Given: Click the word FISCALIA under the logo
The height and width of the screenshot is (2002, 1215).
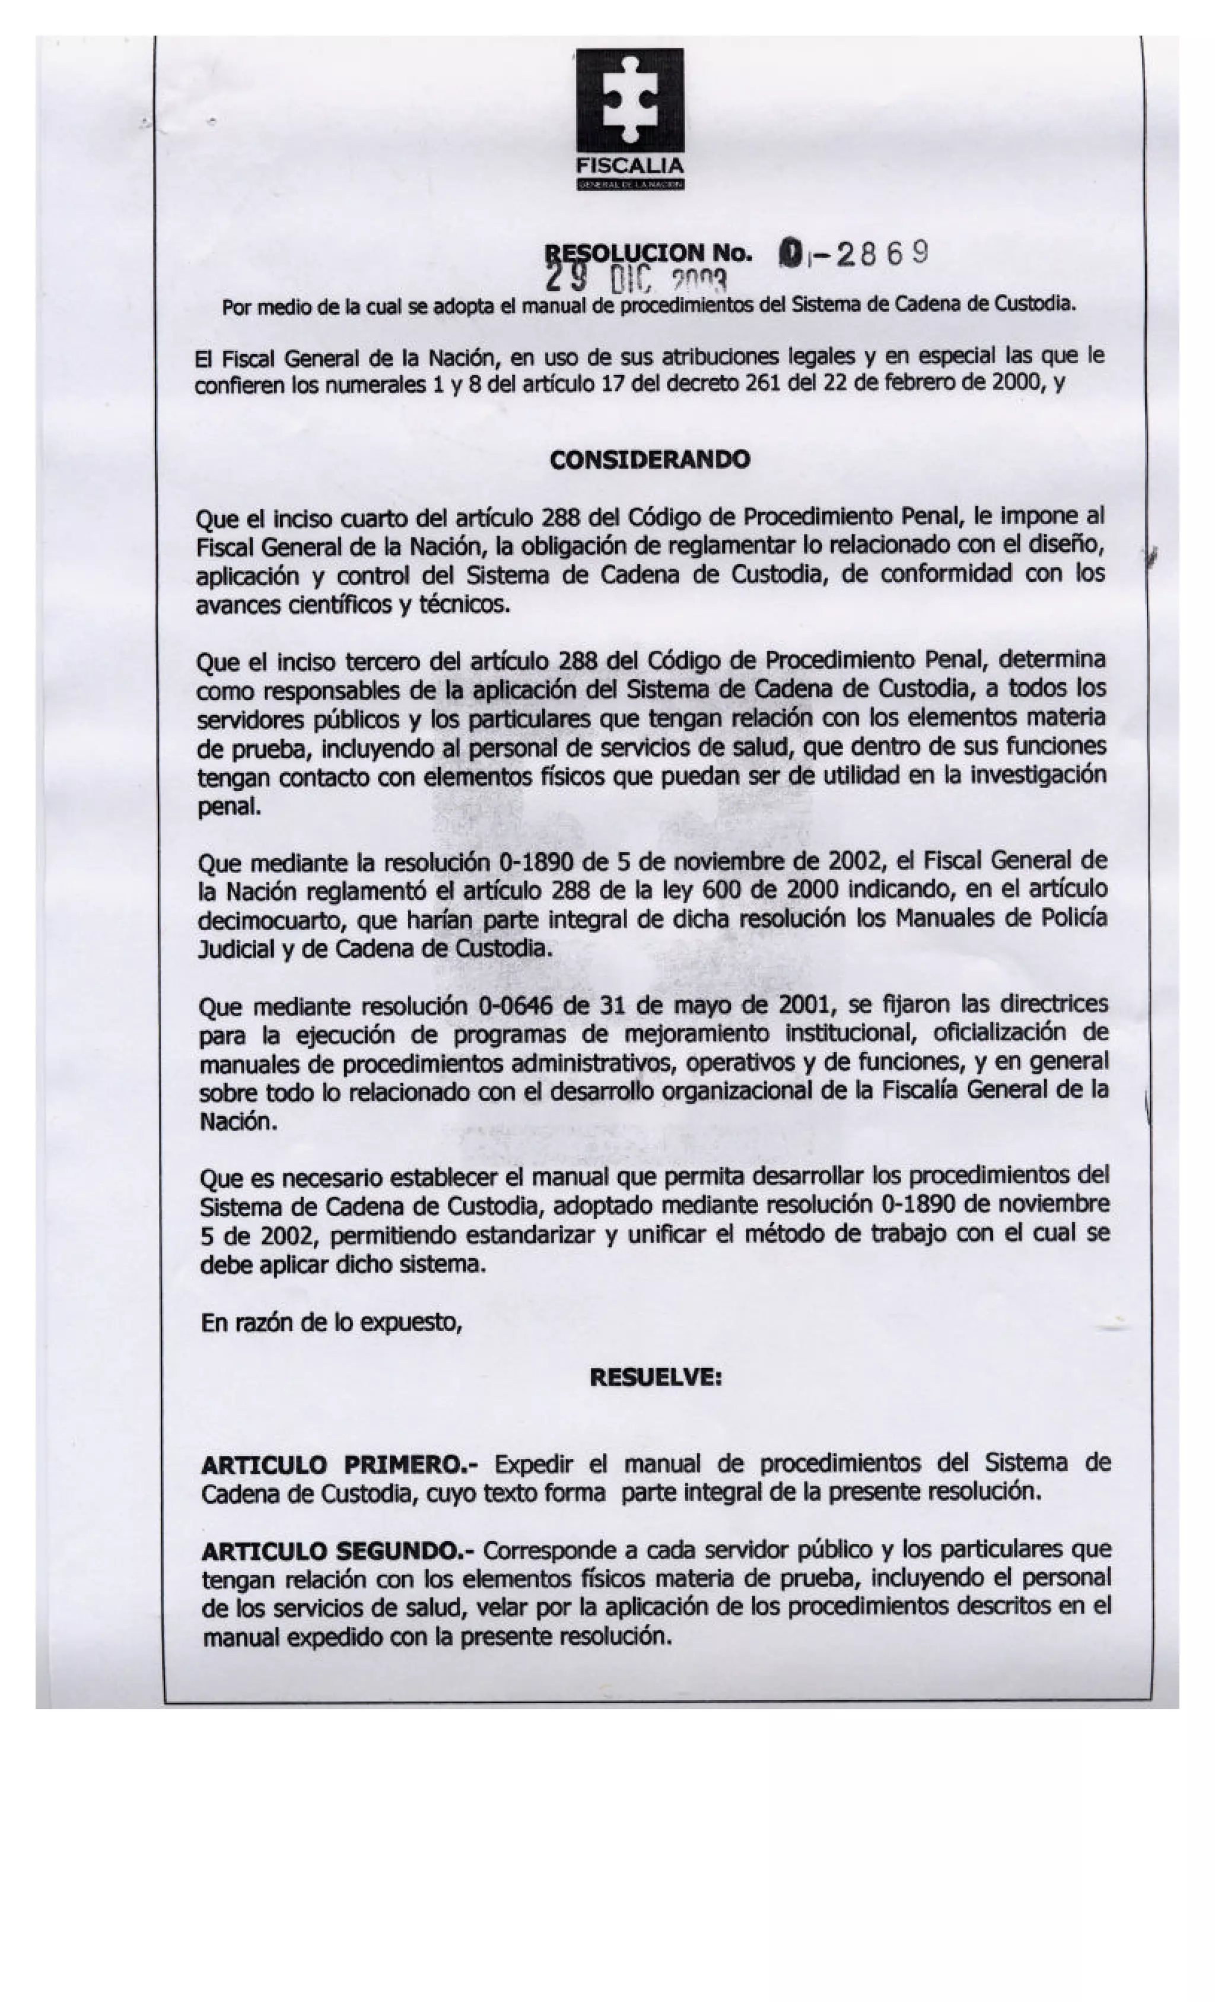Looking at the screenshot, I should point(629,166).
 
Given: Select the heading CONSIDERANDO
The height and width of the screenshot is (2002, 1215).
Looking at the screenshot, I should point(650,460).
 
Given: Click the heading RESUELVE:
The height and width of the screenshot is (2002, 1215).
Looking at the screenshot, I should point(656,1377).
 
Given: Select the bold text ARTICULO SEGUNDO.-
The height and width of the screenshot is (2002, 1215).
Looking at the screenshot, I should point(339,1551).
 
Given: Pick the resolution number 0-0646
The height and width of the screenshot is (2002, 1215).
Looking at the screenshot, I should point(517,1007).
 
